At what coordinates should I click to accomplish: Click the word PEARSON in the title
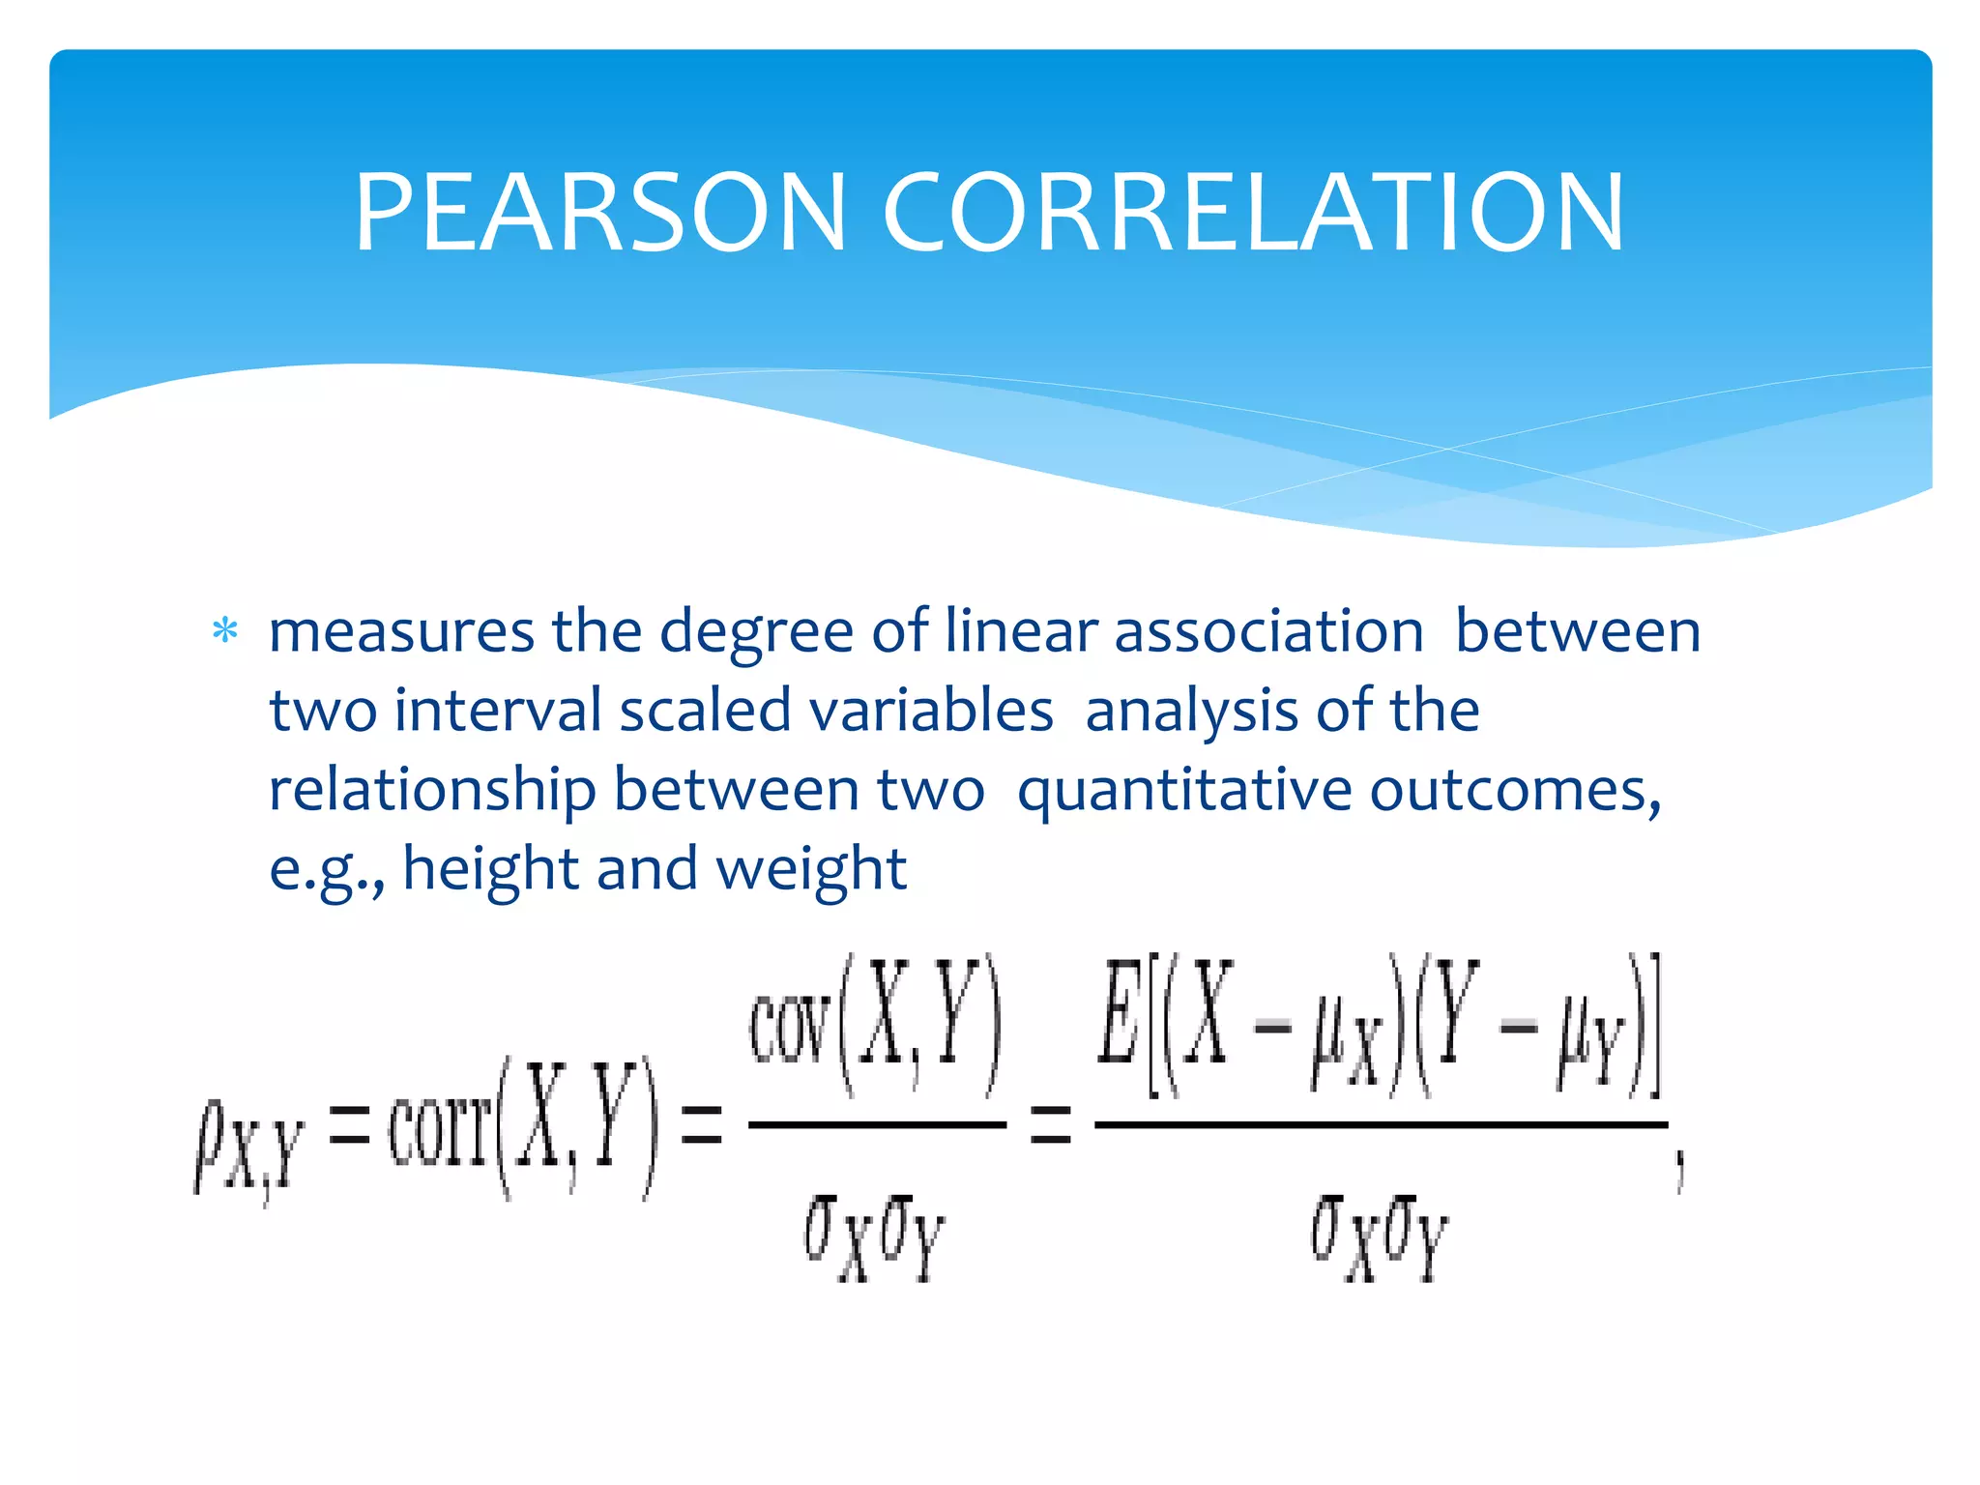600,213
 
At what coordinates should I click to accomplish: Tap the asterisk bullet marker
225,631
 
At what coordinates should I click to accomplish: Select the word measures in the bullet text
401,632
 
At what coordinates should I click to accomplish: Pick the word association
1268,632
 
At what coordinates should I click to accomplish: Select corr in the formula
440,1131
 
